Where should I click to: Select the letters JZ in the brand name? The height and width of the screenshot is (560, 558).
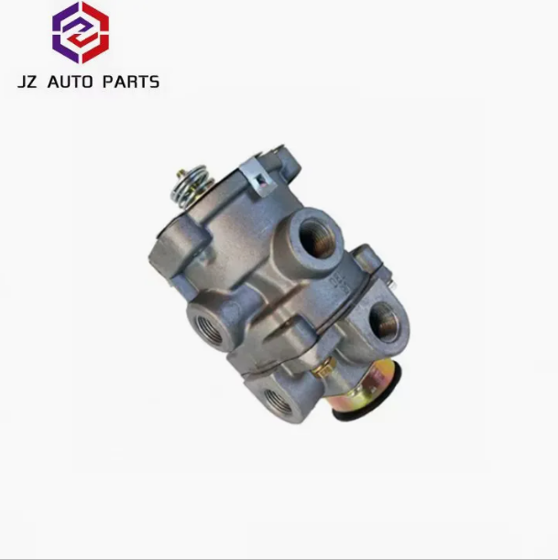click(x=27, y=82)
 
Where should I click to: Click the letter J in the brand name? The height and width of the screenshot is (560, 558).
click(x=22, y=82)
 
